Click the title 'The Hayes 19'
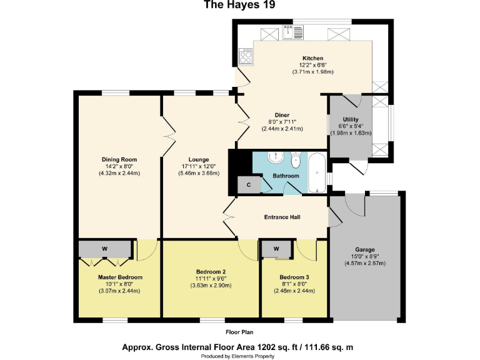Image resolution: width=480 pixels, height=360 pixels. click(239, 6)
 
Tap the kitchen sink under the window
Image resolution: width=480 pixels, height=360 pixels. click(291, 32)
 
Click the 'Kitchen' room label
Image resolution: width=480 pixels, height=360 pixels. click(312, 59)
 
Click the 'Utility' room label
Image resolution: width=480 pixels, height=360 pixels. click(351, 119)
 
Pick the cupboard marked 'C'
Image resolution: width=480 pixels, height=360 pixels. click(248, 185)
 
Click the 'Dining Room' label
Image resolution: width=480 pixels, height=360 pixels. click(119, 159)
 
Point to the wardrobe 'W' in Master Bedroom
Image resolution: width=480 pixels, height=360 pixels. click(104, 249)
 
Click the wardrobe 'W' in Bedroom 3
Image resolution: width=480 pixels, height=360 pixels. click(276, 249)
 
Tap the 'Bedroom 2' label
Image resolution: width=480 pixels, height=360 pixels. click(211, 271)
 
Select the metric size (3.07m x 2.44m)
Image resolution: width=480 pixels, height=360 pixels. click(119, 291)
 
